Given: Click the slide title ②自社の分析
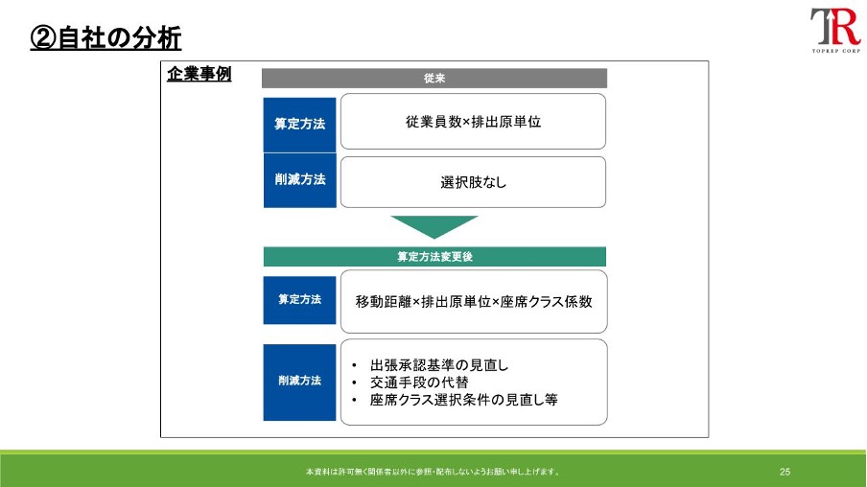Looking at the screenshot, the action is (x=105, y=38).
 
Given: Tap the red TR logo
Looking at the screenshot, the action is (x=835, y=27).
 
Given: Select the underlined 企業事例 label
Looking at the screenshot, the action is (x=199, y=74).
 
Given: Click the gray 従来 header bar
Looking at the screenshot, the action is (x=434, y=78).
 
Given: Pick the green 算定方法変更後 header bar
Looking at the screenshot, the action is (x=434, y=257).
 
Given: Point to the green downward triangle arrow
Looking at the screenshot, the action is (x=434, y=226).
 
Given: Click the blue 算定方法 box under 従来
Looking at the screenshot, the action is (x=299, y=125).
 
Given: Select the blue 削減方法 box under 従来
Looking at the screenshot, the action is (x=299, y=180).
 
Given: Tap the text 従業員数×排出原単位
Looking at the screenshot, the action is (x=474, y=122).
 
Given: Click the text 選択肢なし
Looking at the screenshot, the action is (x=474, y=182).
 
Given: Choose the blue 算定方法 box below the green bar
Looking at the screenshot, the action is (x=299, y=300).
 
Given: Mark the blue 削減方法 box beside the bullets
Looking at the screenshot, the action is (x=299, y=382).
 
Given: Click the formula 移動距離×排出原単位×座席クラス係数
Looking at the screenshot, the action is (x=474, y=302).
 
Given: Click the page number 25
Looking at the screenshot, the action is (x=785, y=472).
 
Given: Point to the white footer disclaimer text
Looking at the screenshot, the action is (x=433, y=472).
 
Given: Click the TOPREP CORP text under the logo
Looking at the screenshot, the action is (x=836, y=51).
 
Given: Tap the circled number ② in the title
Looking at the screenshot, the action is (x=43, y=38).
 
